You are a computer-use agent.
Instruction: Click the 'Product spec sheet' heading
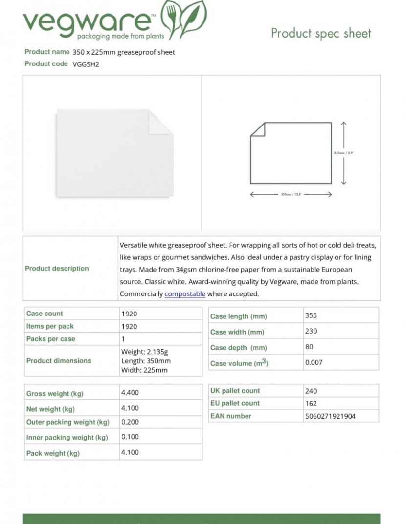[x=321, y=33]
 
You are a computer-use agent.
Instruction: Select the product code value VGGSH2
[x=86, y=64]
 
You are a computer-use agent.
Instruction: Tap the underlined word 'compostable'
[x=185, y=294]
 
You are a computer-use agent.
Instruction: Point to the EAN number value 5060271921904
[x=330, y=416]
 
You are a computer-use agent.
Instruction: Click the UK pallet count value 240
[x=311, y=391]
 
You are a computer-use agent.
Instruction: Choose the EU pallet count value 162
[x=311, y=403]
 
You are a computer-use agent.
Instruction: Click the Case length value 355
[x=311, y=315]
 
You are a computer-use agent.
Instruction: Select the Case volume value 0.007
[x=314, y=362]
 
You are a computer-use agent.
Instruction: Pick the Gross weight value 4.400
[x=130, y=392]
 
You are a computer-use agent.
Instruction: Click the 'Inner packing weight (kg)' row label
[x=67, y=438]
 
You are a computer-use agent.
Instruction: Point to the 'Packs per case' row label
[x=51, y=339]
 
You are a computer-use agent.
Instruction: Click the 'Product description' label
[x=57, y=268]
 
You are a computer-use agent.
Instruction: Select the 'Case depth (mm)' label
[x=239, y=348]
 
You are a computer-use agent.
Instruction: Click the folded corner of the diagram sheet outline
[x=258, y=129]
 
